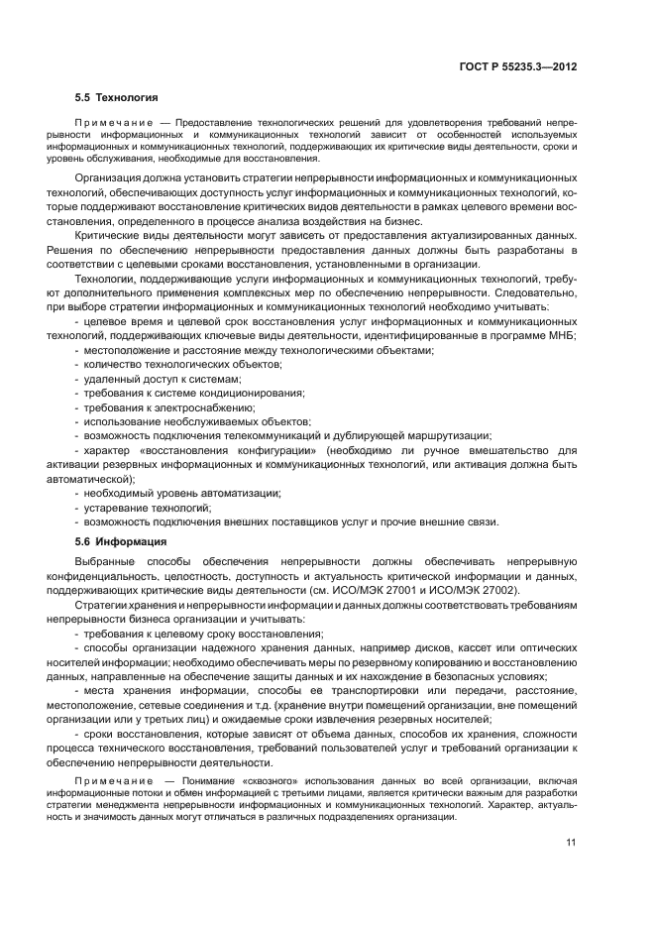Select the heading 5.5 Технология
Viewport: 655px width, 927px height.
pyautogui.click(x=116, y=99)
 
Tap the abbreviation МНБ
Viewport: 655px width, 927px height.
pyautogui.click(x=563, y=336)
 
